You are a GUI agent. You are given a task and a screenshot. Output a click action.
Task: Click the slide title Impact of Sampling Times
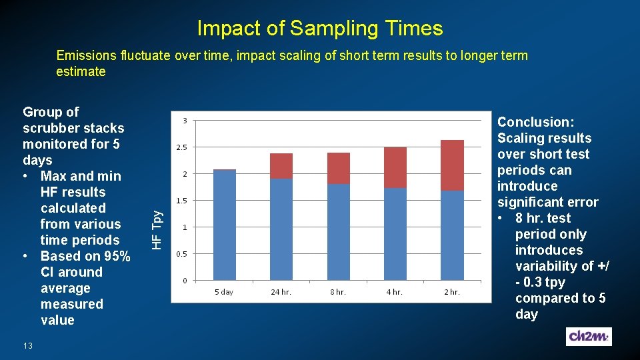[319, 28]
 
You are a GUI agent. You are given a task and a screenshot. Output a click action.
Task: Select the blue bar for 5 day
[224, 225]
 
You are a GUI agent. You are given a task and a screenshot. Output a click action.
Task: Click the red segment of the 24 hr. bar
[281, 166]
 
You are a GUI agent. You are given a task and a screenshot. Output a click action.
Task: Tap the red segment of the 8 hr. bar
[338, 168]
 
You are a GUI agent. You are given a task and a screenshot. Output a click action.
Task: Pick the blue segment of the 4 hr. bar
[395, 233]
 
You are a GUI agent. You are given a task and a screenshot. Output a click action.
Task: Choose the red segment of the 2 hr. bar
[452, 165]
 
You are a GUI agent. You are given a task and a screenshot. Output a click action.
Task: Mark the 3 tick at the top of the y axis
[185, 121]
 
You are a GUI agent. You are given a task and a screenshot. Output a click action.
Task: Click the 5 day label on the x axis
[224, 292]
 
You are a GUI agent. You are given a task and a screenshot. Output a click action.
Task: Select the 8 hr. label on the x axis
[338, 292]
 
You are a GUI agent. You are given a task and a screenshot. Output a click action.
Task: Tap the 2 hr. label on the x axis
[452, 292]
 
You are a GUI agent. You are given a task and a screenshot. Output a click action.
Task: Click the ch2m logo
[589, 337]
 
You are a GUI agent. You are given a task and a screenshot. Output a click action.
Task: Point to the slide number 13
[27, 345]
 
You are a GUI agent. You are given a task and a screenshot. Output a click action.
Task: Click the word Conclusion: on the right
[535, 122]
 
